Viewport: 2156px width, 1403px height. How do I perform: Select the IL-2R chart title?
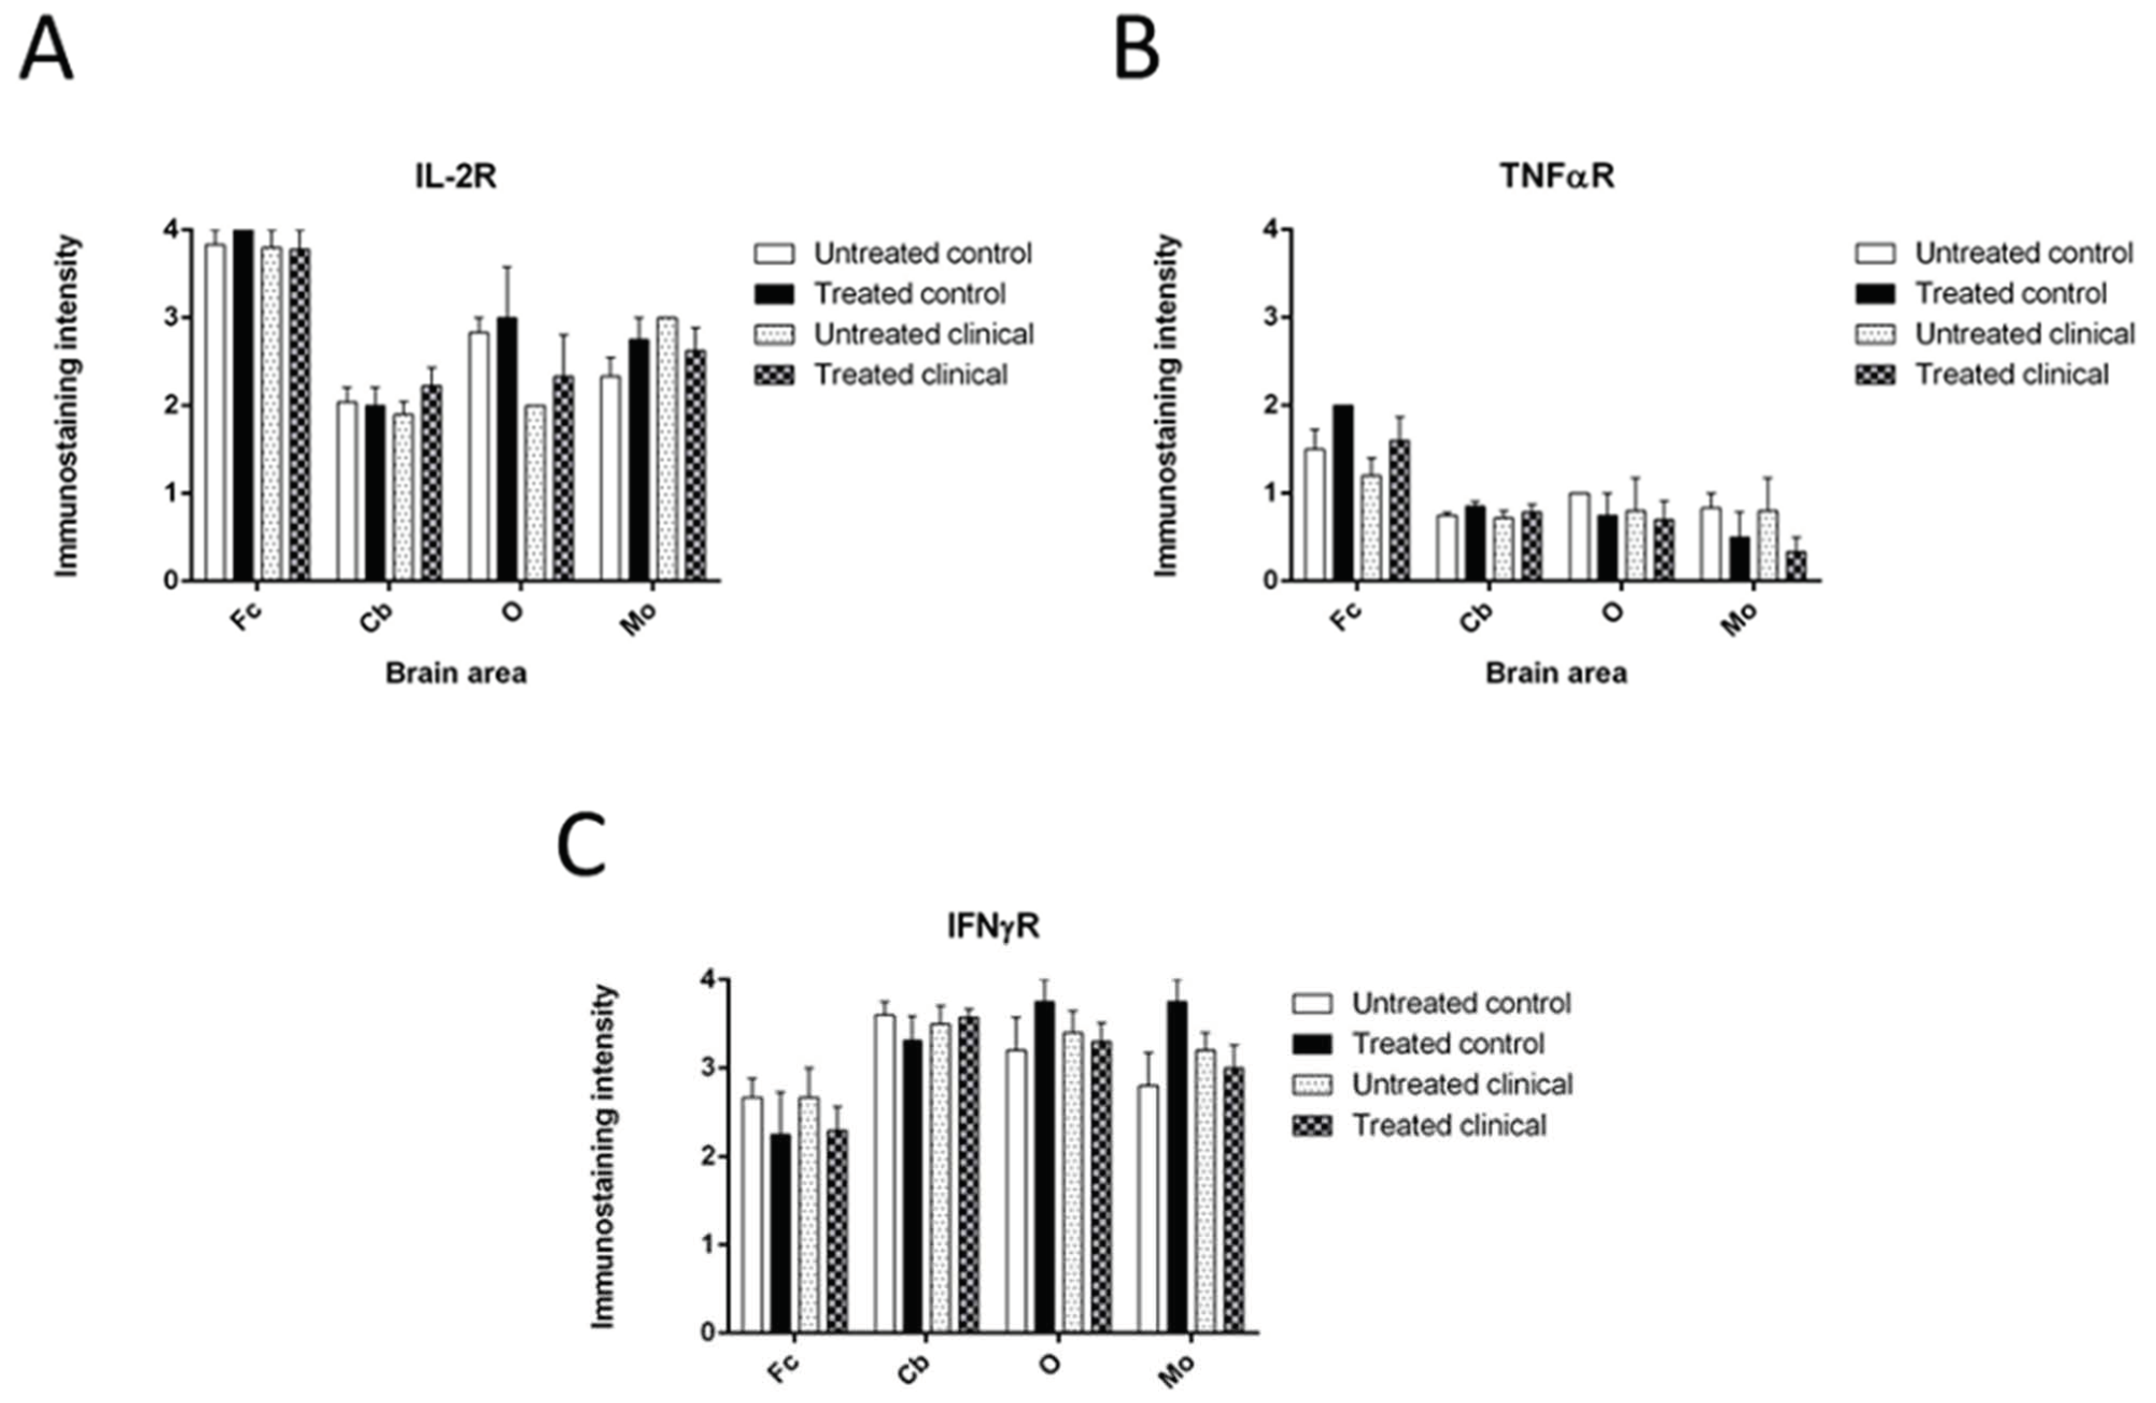455,176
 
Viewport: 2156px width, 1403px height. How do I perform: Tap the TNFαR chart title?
1556,176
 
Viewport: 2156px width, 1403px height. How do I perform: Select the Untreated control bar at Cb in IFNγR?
884,1173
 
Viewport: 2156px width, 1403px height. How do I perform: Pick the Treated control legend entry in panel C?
1447,1044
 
